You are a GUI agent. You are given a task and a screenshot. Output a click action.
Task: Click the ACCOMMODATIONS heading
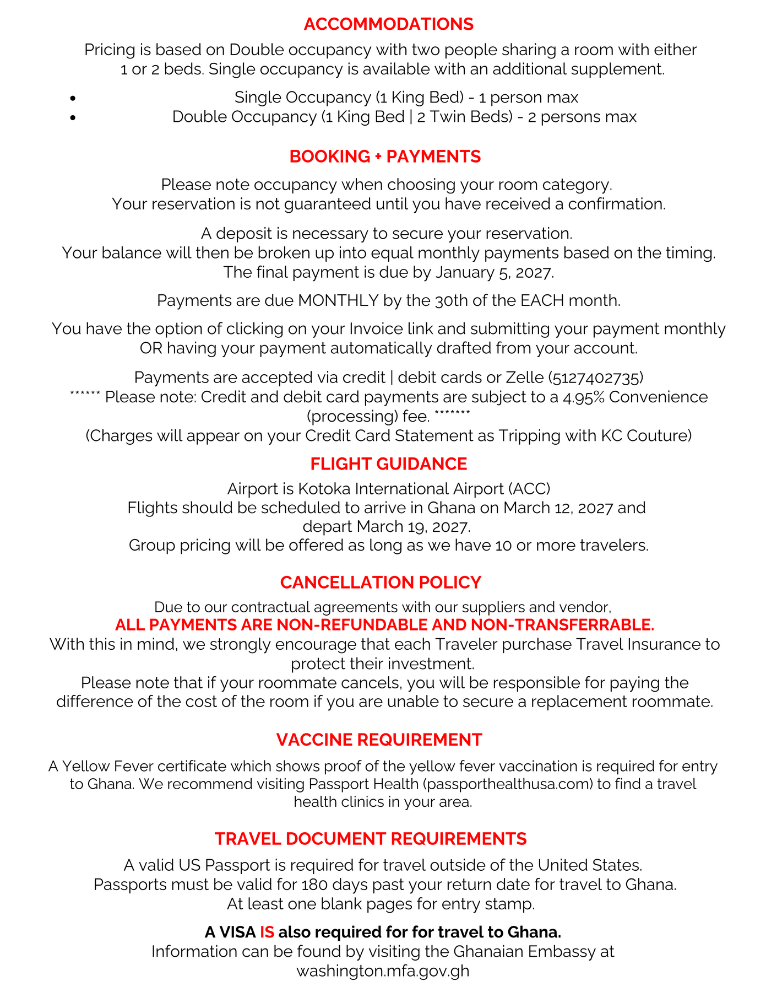[x=388, y=24]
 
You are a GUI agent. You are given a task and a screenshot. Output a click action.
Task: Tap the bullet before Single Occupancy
[x=73, y=99]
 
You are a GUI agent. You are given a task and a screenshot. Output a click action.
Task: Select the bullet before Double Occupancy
[x=73, y=117]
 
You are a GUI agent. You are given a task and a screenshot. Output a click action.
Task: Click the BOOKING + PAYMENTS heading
[x=385, y=157]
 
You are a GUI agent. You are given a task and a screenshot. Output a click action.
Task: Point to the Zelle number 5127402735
[x=596, y=378]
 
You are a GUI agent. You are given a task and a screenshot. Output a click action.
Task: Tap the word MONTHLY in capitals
[x=338, y=301]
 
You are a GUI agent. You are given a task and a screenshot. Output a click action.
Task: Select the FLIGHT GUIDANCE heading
[x=388, y=464]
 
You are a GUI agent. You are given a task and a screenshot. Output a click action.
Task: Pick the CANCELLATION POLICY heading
[x=381, y=583]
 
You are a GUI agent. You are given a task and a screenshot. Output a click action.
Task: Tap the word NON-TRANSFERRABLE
[x=562, y=625]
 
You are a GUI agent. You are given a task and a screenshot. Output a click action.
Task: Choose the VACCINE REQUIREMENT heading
[x=379, y=740]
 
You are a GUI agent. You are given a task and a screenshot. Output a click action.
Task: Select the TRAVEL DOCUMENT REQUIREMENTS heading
[x=371, y=839]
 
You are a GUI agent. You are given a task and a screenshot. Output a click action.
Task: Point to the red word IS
[x=267, y=932]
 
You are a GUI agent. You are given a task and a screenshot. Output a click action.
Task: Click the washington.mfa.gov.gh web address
[x=383, y=971]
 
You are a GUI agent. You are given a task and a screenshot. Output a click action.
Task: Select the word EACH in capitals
[x=544, y=301]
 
